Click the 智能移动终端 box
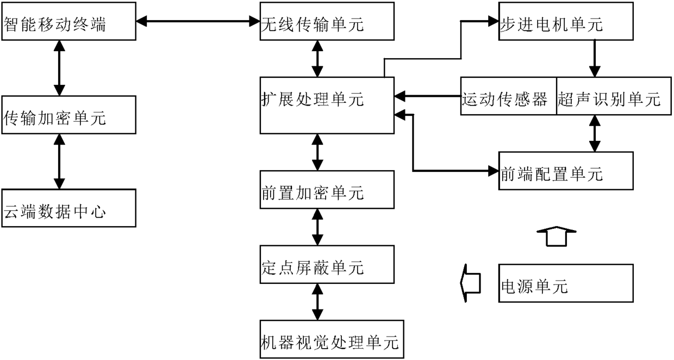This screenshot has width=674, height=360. (69, 21)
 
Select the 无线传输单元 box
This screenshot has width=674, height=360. (327, 21)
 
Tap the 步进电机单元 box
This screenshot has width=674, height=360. (566, 21)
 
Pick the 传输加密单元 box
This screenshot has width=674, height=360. (69, 115)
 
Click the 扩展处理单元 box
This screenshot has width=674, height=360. (327, 105)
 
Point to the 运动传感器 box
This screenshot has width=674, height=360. (509, 96)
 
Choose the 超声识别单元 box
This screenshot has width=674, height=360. (614, 96)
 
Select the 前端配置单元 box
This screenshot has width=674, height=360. (566, 171)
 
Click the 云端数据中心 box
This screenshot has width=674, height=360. (69, 208)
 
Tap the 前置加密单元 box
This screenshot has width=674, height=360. (327, 190)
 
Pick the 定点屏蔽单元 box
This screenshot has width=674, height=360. (327, 265)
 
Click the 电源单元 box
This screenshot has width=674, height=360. (566, 283)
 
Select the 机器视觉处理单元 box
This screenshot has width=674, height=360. (332, 339)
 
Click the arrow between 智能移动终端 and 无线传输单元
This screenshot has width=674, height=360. (198, 21)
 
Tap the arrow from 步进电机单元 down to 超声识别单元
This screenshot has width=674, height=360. (595, 59)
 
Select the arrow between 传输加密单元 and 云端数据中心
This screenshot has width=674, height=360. (59, 162)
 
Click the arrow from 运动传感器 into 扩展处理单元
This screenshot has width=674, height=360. (427, 96)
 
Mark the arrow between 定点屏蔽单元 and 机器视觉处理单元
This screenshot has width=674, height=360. (317, 302)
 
